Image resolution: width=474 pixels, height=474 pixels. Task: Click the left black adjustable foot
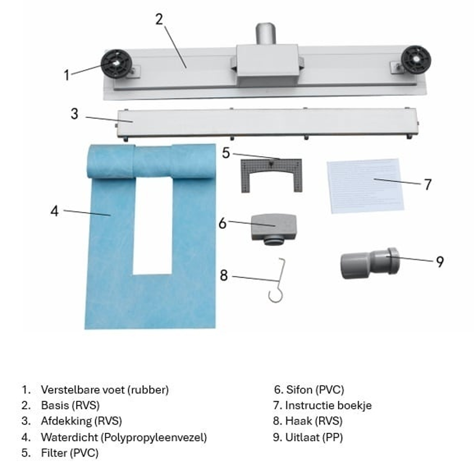116,64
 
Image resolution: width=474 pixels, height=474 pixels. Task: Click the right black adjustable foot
416,60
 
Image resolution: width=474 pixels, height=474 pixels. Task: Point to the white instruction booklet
365,186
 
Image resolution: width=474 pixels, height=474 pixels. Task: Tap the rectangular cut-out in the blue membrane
152,226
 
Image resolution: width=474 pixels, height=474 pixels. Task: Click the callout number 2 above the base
159,19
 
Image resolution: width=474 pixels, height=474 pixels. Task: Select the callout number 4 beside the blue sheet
54,211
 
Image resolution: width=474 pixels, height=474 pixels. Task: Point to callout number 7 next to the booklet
427,185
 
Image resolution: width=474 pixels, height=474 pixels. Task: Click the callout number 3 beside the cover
75,114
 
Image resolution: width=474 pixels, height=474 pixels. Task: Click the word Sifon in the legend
299,389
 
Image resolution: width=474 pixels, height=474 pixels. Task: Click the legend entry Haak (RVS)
313,421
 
